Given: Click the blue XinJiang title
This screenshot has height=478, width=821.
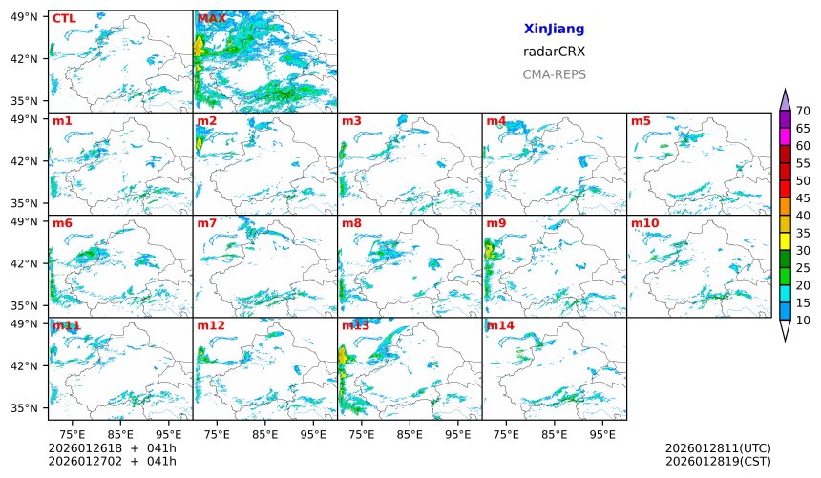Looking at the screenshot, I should [554, 30].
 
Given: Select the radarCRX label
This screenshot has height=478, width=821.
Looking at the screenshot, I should [554, 52].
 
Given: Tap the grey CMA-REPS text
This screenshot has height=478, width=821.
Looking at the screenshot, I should [554, 74].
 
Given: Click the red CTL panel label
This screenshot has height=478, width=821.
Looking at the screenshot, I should [64, 18].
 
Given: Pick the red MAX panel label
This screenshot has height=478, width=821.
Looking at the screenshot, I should [212, 18].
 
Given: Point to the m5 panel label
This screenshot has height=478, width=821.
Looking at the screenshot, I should [641, 121].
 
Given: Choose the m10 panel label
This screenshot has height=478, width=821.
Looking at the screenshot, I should [644, 223].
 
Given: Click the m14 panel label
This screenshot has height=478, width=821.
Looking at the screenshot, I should [499, 325].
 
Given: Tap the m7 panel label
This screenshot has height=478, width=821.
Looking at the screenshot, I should [207, 223].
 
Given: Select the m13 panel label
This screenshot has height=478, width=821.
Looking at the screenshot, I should [355, 325].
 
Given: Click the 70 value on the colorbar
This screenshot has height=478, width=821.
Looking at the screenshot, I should [803, 112].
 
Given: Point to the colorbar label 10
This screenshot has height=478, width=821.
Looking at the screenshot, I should [803, 321].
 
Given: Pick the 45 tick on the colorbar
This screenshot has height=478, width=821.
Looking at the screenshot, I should [803, 198].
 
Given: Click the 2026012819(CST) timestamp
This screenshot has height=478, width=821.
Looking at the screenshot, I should [718, 462].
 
